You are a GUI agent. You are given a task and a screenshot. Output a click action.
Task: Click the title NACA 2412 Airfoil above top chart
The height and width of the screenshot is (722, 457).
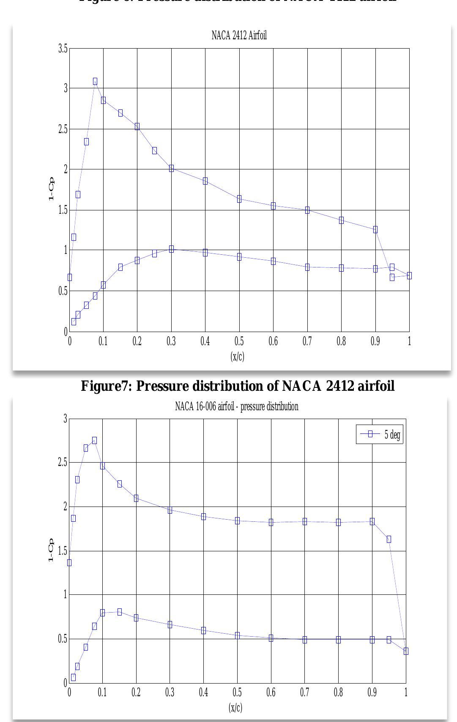(x=239, y=35)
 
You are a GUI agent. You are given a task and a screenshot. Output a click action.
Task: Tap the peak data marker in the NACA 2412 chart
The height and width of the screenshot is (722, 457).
(x=95, y=82)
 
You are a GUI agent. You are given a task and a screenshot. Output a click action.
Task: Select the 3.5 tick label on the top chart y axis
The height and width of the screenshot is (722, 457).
(x=63, y=49)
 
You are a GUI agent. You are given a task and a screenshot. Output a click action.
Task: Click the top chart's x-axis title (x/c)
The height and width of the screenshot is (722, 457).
(x=237, y=356)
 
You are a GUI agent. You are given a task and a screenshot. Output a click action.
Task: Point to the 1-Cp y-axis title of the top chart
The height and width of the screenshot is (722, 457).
(x=51, y=190)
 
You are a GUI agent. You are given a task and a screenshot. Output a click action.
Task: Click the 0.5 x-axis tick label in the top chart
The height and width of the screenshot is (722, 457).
(x=239, y=341)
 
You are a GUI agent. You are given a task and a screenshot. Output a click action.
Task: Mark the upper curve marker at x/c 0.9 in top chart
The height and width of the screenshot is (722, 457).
(x=375, y=230)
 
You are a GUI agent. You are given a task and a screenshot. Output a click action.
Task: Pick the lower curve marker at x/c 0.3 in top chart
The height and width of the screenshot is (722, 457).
(x=171, y=249)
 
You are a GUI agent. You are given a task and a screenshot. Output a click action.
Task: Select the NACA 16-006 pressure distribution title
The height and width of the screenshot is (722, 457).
(x=237, y=406)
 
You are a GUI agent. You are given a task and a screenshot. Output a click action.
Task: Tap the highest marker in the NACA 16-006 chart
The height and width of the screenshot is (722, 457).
(x=94, y=441)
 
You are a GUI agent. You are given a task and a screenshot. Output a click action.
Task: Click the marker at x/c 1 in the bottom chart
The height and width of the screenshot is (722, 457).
(x=406, y=651)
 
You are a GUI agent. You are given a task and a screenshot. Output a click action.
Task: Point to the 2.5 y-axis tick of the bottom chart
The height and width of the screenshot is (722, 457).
(x=62, y=463)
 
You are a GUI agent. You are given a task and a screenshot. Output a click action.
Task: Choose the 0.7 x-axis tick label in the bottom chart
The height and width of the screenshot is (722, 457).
(x=304, y=693)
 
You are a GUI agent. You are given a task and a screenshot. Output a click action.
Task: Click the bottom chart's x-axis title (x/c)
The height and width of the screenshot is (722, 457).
(x=235, y=707)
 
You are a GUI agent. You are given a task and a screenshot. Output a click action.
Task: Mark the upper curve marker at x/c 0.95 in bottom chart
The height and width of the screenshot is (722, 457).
(x=389, y=539)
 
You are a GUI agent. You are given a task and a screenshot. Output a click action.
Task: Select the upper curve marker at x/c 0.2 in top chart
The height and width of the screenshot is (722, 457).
(x=137, y=127)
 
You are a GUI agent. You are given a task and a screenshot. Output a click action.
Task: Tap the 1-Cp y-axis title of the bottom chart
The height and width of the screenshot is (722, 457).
(x=51, y=550)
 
